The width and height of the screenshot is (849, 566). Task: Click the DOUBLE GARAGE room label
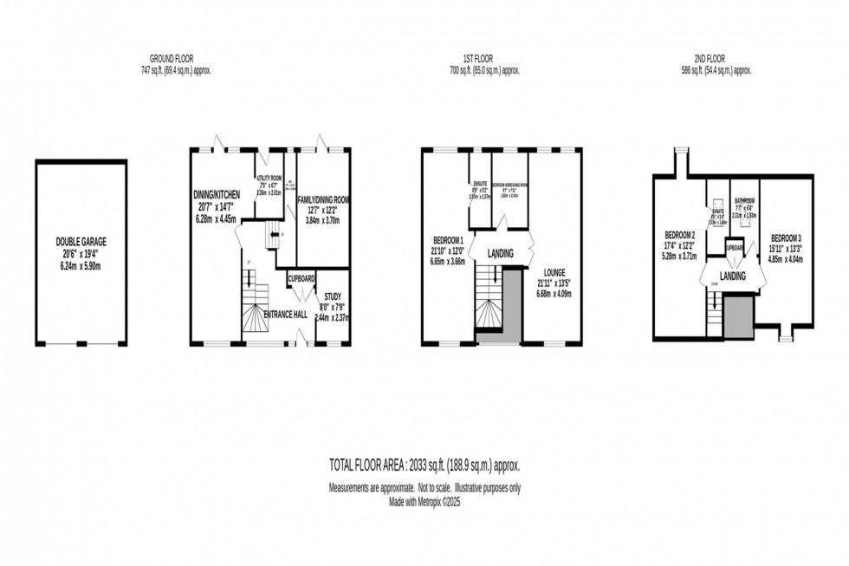point(80,242)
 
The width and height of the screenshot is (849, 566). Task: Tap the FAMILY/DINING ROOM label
point(323,200)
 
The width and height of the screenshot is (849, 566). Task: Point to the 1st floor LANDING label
point(502,254)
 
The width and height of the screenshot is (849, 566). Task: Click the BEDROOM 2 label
point(680,235)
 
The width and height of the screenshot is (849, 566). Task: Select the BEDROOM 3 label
point(787,237)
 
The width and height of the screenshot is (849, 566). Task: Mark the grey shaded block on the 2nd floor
point(739,315)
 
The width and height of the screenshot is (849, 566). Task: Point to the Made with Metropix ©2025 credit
point(424,502)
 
